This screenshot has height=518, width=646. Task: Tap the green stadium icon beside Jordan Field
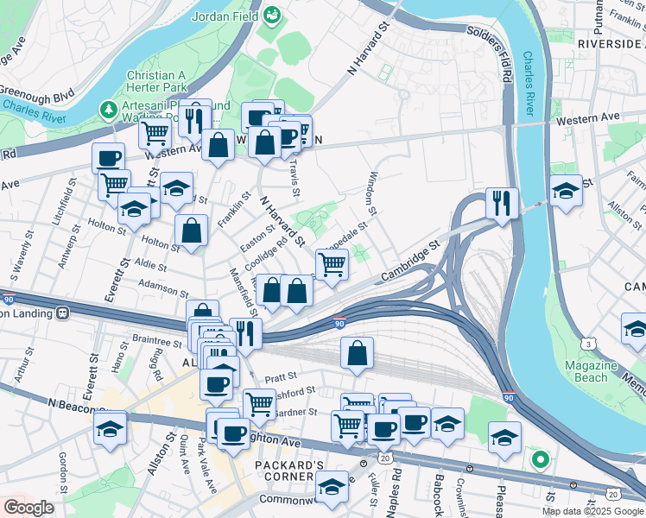pyautogui.click(x=272, y=15)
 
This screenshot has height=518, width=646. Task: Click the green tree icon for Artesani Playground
pyautogui.click(x=108, y=110)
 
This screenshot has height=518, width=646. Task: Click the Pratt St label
pyautogui.click(x=281, y=377)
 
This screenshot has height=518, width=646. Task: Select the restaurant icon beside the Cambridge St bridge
pyautogui.click(x=501, y=204)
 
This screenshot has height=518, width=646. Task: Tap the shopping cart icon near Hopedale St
pyautogui.click(x=332, y=264)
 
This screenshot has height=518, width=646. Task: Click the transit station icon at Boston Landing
pyautogui.click(x=62, y=313)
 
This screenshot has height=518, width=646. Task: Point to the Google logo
pyautogui.click(x=28, y=507)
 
